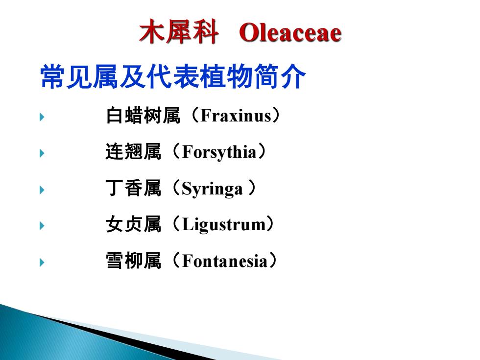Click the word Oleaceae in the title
(x=290, y=33)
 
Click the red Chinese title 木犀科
(x=179, y=31)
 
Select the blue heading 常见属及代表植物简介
(x=173, y=76)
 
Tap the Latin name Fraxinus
(x=236, y=116)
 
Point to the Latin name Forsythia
(x=219, y=152)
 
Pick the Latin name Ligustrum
(x=224, y=224)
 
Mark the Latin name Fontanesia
(x=225, y=261)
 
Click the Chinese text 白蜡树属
(x=143, y=116)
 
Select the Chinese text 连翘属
(x=133, y=151)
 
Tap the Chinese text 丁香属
(x=133, y=188)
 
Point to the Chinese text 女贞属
(x=133, y=224)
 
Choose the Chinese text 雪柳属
(x=133, y=261)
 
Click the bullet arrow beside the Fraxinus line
(x=42, y=117)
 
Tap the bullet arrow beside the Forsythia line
(x=42, y=153)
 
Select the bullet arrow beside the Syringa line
(x=42, y=190)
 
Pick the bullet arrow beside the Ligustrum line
(x=42, y=226)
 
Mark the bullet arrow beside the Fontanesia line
(x=42, y=263)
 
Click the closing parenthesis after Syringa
(x=252, y=188)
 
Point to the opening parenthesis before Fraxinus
(x=195, y=115)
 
